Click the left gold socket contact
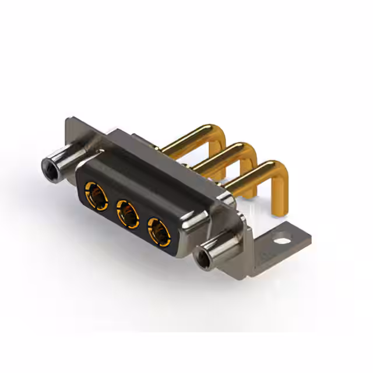95,193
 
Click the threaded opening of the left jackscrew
48,170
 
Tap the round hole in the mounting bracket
283,238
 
